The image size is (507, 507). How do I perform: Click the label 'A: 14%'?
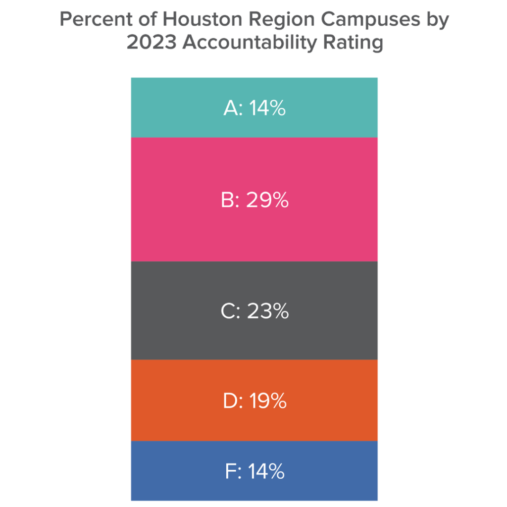point(254,108)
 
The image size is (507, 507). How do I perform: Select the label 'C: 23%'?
point(254,311)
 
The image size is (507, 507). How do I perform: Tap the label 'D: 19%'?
point(254,401)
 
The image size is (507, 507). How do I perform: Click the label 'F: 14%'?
point(254,471)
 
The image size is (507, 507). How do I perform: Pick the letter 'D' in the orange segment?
point(230,401)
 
